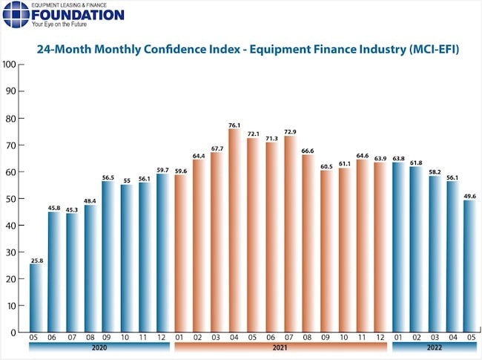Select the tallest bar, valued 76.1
pyautogui.click(x=234, y=230)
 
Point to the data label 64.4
pyautogui.click(x=198, y=156)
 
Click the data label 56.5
pyautogui.click(x=107, y=177)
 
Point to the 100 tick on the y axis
pyautogui.click(x=10, y=65)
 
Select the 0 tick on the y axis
pyautogui.click(x=14, y=333)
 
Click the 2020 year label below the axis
pyautogui.click(x=99, y=347)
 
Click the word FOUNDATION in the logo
pyautogui.click(x=78, y=15)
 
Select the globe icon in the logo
pyautogui.click(x=16, y=14)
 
